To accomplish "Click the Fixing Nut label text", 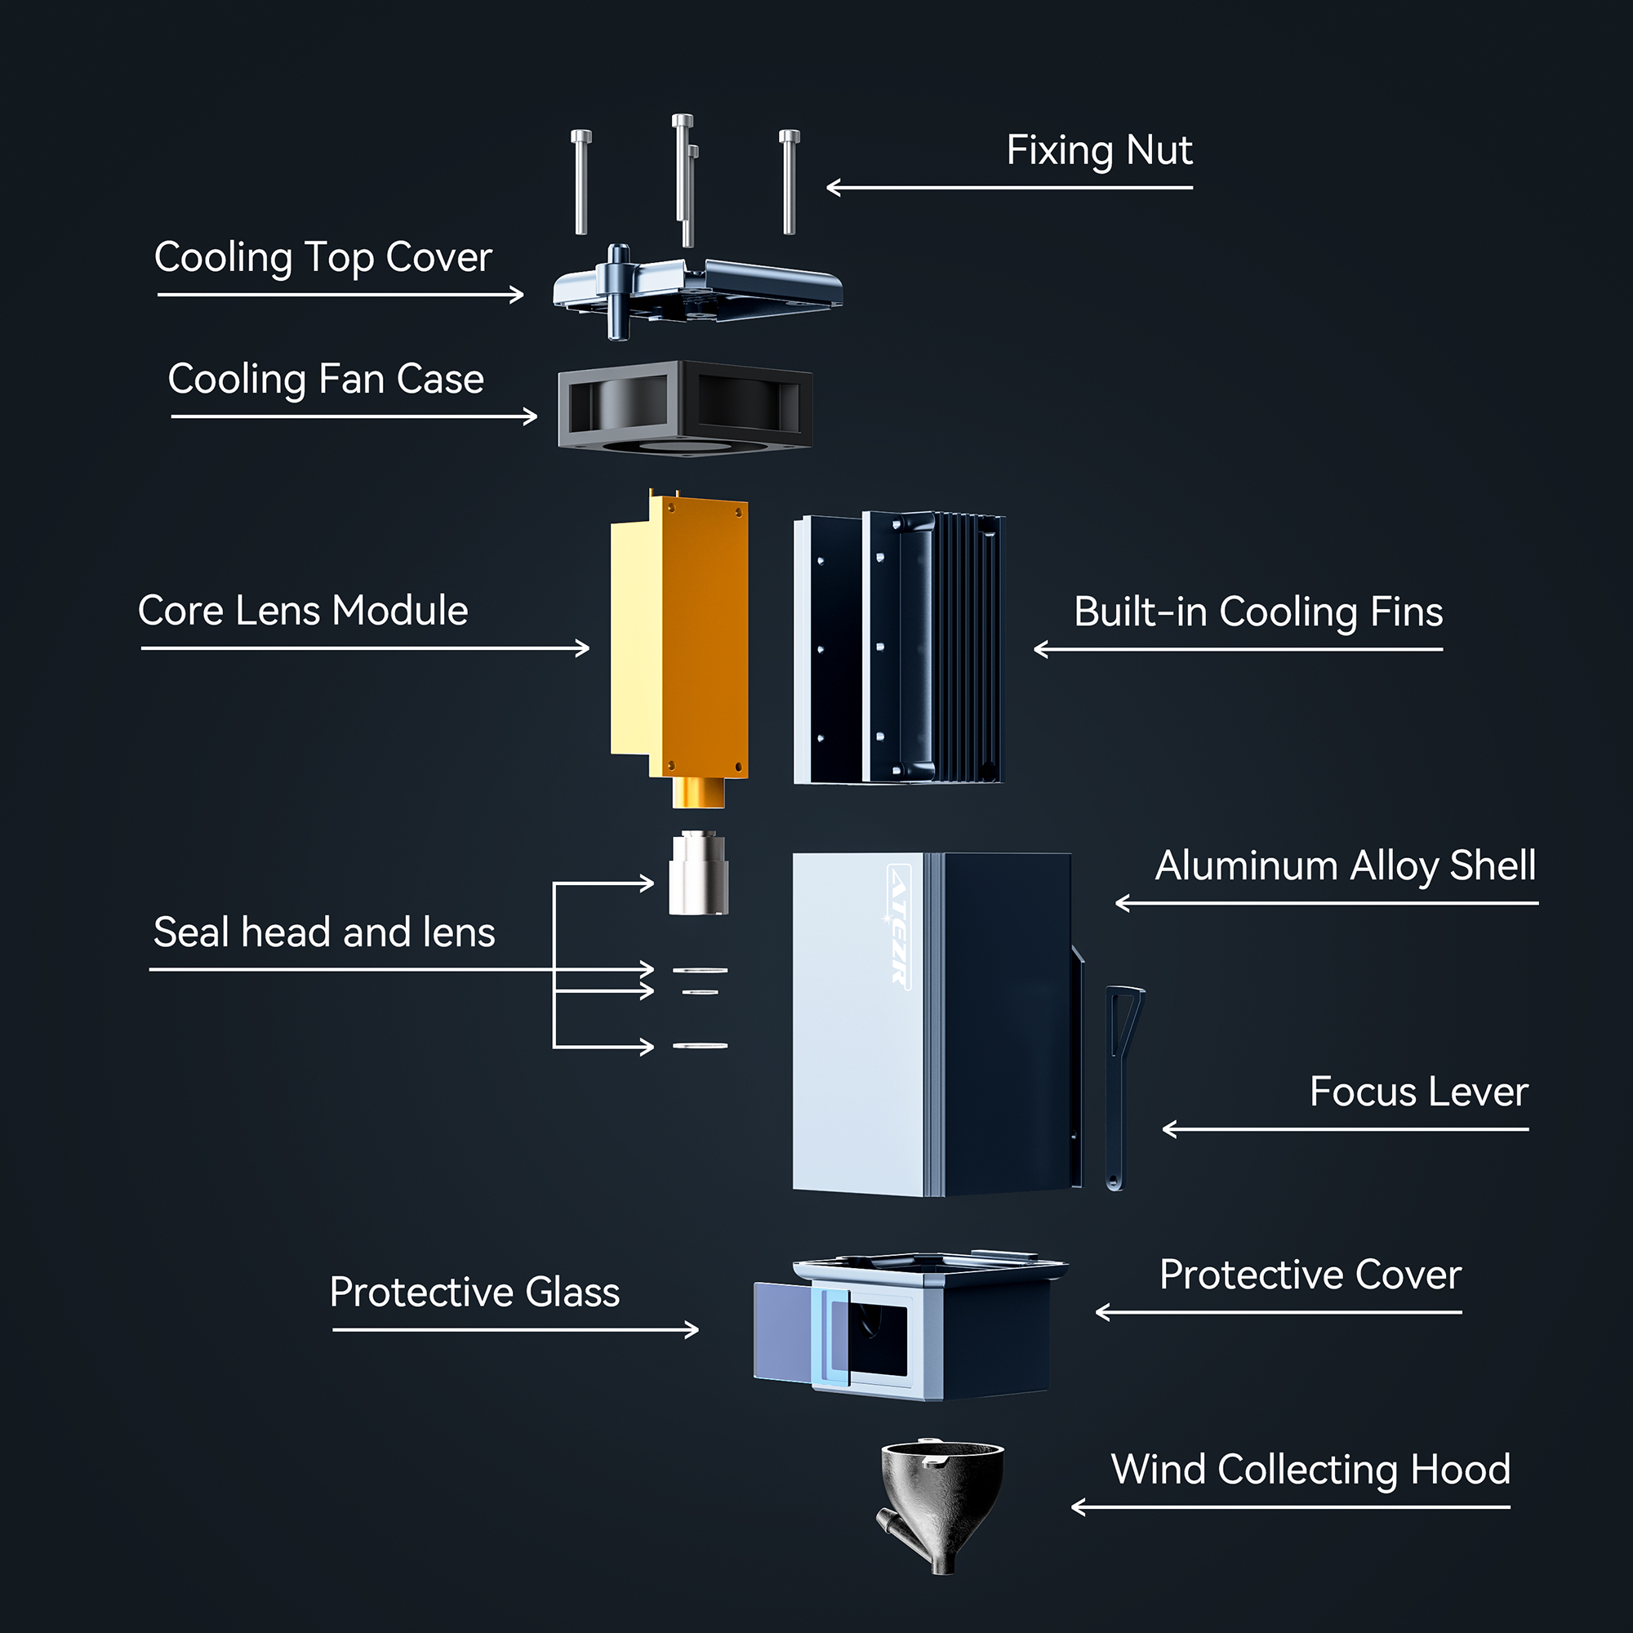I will (x=1099, y=150).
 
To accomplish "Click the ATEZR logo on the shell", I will (x=898, y=926).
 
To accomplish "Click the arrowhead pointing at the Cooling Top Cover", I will (x=518, y=294).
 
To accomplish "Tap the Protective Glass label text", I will (x=474, y=1293).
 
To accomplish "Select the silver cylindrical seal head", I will (x=698, y=873).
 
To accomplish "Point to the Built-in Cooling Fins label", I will (x=1257, y=612).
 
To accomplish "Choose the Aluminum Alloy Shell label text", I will (x=1345, y=865).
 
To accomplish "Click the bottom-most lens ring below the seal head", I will (x=700, y=1047).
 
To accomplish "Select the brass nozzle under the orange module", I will (x=698, y=792).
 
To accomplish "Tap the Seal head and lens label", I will (x=323, y=932).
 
